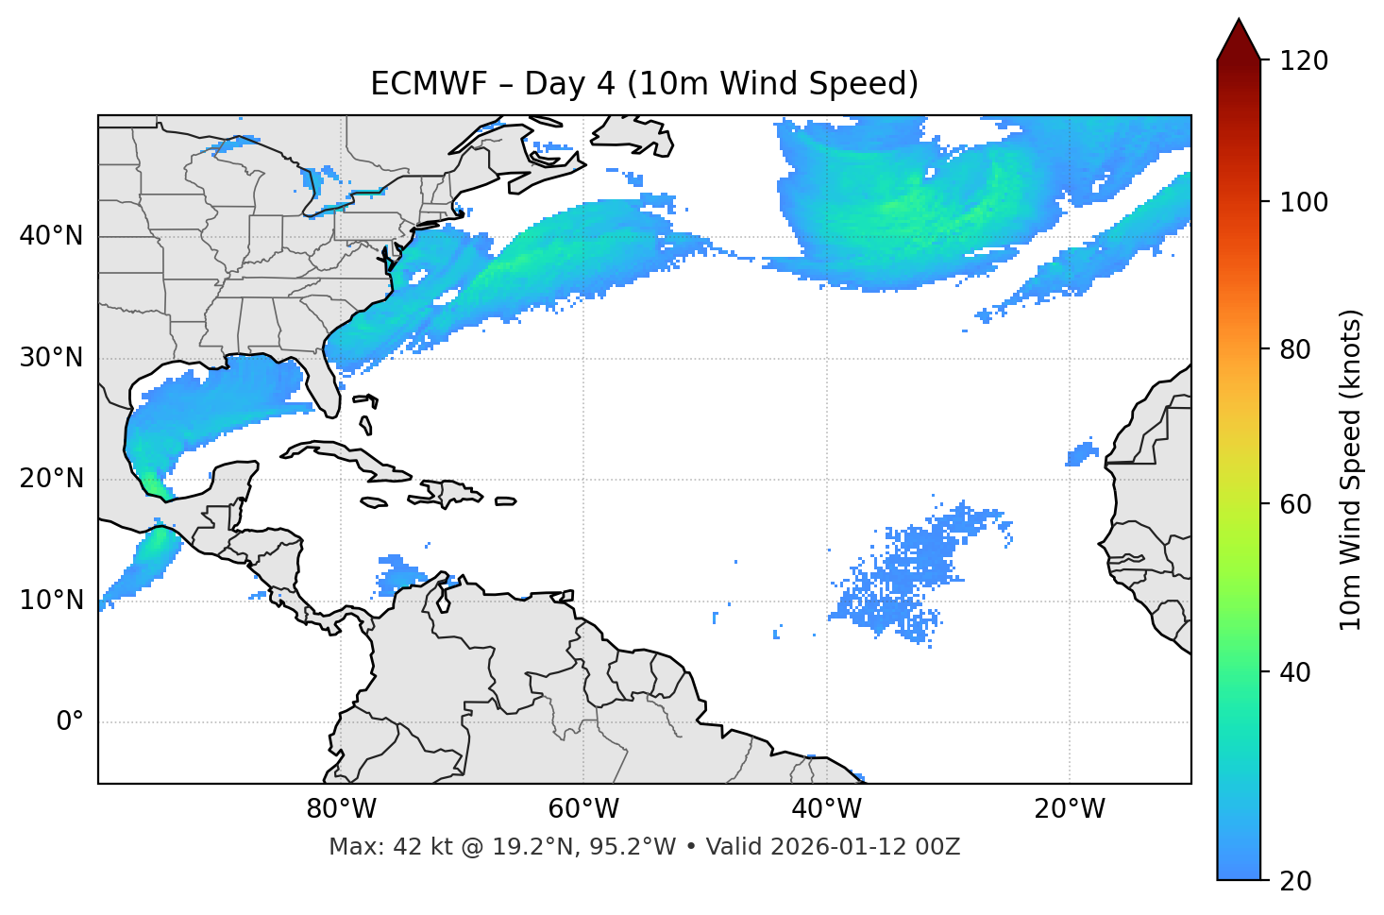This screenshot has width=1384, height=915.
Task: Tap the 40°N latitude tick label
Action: click(51, 236)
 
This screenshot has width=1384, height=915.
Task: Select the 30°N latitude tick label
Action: click(51, 358)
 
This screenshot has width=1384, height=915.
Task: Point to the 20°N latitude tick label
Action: click(51, 479)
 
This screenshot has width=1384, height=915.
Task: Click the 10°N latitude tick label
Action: click(51, 601)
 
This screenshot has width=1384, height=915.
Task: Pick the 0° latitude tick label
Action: click(69, 722)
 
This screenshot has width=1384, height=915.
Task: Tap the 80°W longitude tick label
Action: click(341, 809)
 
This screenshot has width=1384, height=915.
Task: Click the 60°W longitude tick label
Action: click(583, 809)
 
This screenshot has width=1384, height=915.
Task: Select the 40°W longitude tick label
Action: click(826, 809)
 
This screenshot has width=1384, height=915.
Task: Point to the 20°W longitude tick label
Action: click(1069, 809)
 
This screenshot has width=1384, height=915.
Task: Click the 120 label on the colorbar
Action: click(1304, 61)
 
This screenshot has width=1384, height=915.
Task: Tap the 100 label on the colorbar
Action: click(1304, 202)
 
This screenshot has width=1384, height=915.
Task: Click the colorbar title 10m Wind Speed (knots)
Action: click(1350, 470)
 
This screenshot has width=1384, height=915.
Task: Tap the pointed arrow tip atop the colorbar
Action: click(1239, 23)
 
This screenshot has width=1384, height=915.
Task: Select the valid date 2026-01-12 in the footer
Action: click(832, 847)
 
